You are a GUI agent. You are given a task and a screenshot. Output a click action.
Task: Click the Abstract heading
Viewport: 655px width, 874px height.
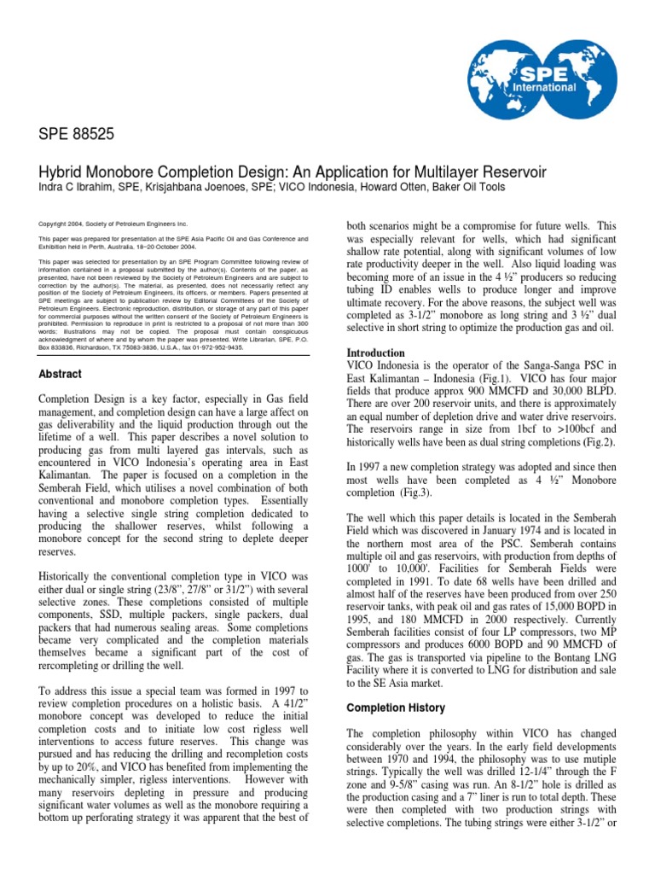click(61, 374)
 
